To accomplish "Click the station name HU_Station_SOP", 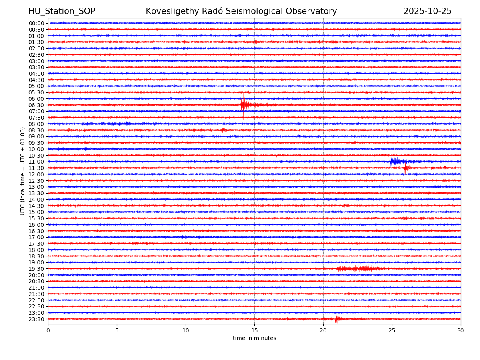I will pos(62,11).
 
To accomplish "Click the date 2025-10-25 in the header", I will pos(427,11).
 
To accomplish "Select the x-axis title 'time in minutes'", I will pos(254,338).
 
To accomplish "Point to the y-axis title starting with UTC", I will pos(23,171).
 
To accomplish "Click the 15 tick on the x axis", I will pos(254,331).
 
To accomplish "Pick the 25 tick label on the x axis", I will pos(392,331).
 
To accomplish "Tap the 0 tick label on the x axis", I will pos(48,331).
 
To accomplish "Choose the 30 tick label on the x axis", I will pos(461,331).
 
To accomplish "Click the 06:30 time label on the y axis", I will pos(36,105).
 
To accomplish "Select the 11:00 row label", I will pos(36,162).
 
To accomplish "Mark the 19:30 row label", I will pos(36,269).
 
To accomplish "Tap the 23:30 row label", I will pos(36,319).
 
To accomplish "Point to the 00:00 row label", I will pos(36,23).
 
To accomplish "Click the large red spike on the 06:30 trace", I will pos(243,105).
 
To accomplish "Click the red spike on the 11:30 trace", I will pos(405,168).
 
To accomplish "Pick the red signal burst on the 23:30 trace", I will pos(336,319).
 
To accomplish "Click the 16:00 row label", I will pos(36,225).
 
